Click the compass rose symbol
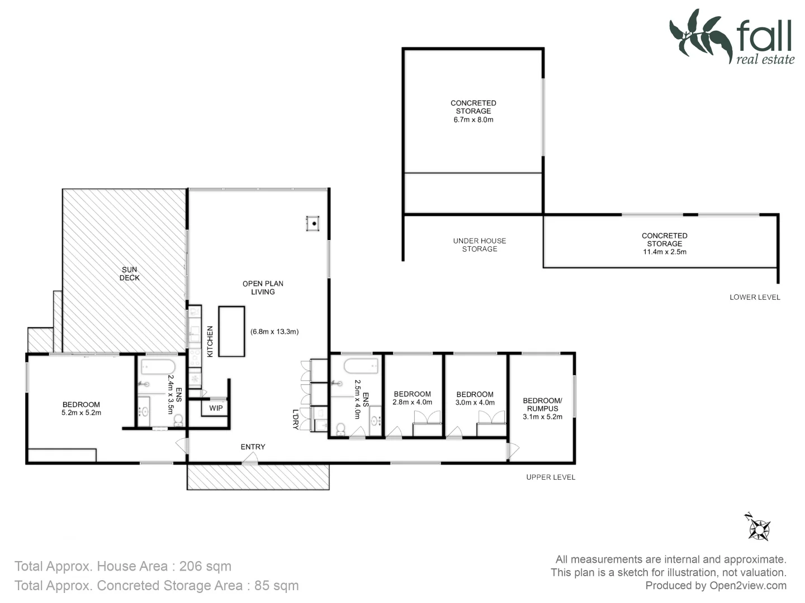(759, 527)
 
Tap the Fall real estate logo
(732, 37)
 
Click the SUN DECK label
(130, 274)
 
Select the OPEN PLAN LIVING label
(263, 288)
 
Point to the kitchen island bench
(231, 331)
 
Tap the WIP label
(216, 408)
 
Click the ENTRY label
(253, 447)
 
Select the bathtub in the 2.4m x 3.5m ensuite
(157, 368)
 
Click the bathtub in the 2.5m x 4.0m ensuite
(361, 367)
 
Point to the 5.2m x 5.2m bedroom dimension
(82, 413)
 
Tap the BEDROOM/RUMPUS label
(542, 404)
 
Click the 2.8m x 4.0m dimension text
(413, 402)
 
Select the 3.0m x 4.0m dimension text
(475, 403)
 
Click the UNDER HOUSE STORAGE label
(479, 245)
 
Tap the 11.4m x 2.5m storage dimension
(664, 252)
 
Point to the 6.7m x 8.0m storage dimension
(473, 119)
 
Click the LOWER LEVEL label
(754, 297)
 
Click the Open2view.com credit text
(747, 586)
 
